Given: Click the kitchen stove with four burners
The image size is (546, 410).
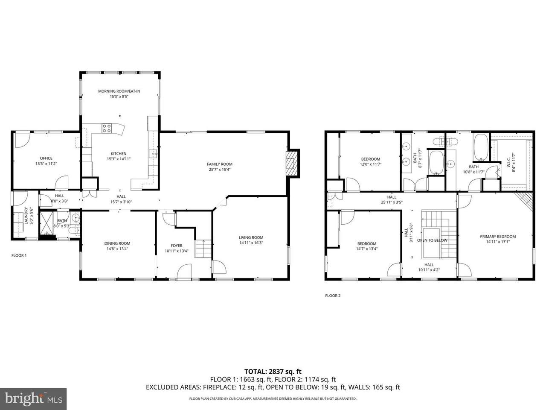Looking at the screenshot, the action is point(107,128).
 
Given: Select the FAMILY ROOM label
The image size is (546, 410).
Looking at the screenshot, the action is point(220,164).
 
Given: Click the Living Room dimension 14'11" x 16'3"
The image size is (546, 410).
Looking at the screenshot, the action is point(251,243).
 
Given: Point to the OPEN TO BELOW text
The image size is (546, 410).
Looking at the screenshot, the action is point(432,240).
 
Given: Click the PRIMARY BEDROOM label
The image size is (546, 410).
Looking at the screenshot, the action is point(498,237).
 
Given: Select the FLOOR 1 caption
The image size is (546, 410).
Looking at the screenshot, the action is point(19,255).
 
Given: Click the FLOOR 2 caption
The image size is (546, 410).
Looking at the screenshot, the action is point(333,296).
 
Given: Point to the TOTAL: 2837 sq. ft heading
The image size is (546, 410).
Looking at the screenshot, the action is point(273,372).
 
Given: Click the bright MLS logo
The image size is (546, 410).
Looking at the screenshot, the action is point(33,398).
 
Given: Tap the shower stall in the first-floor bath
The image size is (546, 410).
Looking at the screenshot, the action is point(47,223).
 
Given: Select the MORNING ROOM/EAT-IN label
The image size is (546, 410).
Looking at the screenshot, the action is point(119,91).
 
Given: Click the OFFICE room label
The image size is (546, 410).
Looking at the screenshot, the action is point(46,158).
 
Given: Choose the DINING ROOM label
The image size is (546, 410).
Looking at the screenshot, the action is point(117,243).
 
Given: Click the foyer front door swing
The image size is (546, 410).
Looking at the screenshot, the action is point(184,271).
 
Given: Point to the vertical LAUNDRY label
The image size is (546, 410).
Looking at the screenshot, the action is point(26,216).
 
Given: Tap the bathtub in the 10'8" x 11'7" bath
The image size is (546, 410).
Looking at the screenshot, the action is point(481,147).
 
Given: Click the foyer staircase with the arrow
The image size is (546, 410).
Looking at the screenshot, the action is point(203,249).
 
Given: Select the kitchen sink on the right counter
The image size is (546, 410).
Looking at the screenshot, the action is point(153,154).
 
